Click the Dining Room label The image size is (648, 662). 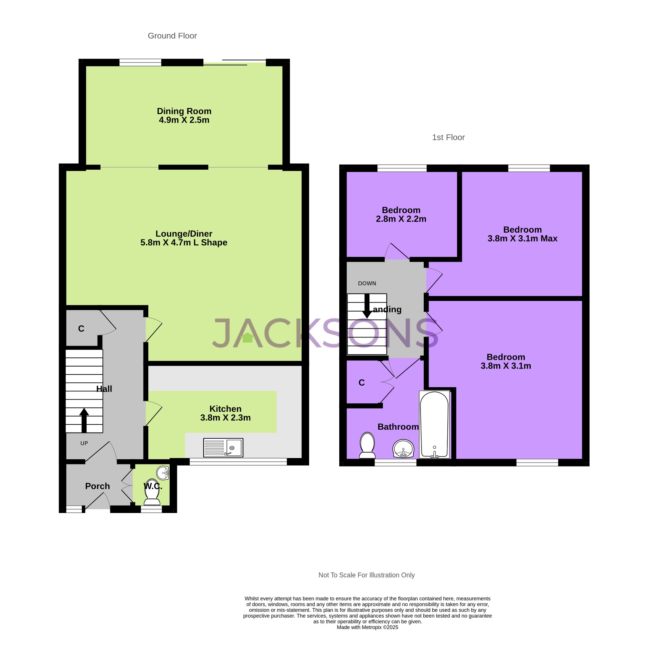(184, 111)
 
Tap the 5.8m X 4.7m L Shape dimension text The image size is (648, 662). (184, 243)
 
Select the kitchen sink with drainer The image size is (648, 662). (223, 448)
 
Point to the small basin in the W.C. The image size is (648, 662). (163, 473)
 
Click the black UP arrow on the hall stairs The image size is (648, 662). (84, 420)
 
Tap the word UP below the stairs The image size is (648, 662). (84, 443)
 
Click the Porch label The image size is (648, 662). (97, 486)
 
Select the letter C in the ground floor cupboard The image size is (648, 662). (81, 329)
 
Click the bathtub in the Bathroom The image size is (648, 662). (434, 424)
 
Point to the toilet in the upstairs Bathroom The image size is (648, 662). (367, 445)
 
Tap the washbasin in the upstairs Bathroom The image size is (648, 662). (403, 449)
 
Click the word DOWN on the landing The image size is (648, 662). (367, 283)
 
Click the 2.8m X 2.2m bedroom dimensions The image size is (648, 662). (401, 219)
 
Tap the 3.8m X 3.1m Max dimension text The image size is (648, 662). (522, 239)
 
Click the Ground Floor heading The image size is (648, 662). (172, 36)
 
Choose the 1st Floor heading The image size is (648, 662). (448, 137)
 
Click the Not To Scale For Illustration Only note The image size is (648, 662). (366, 575)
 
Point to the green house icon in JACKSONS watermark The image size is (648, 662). (248, 338)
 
